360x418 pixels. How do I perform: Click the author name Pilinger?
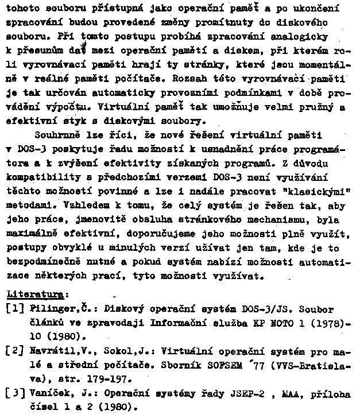pyautogui.click(x=47, y=309)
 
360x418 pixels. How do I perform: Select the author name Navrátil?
pyautogui.click(x=49, y=350)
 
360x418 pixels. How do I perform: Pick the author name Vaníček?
pyautogui.click(x=47, y=393)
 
